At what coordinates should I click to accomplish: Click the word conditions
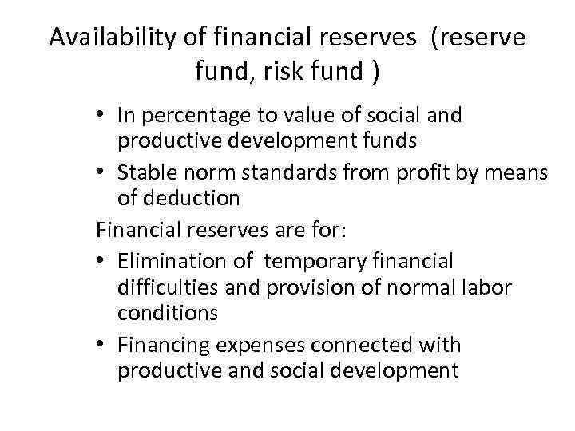click(x=167, y=314)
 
